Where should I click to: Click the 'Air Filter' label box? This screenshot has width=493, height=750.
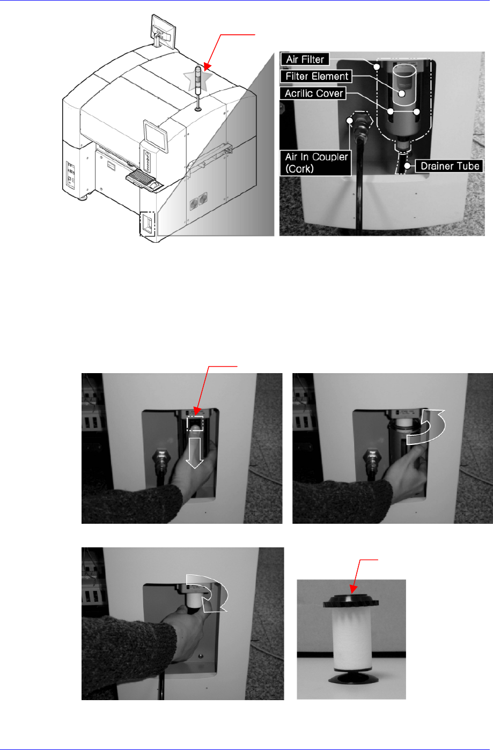(305, 60)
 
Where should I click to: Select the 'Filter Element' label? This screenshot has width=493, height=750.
(317, 76)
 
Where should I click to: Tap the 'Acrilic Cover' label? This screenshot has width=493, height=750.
(314, 93)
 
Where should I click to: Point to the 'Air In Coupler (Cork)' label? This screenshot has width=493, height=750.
(316, 163)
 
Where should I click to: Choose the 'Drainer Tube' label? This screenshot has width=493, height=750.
(450, 166)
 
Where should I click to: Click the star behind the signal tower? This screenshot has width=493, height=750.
(198, 79)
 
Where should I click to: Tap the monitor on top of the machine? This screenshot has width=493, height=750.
(163, 31)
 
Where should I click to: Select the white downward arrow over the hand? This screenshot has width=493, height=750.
(195, 452)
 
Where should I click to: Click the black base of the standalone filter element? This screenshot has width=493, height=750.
(354, 678)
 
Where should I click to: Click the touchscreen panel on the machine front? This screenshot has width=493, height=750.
(156, 136)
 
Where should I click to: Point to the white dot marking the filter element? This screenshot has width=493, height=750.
(402, 94)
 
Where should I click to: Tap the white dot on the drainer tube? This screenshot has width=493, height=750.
(407, 166)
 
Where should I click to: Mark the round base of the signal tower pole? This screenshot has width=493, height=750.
(198, 108)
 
